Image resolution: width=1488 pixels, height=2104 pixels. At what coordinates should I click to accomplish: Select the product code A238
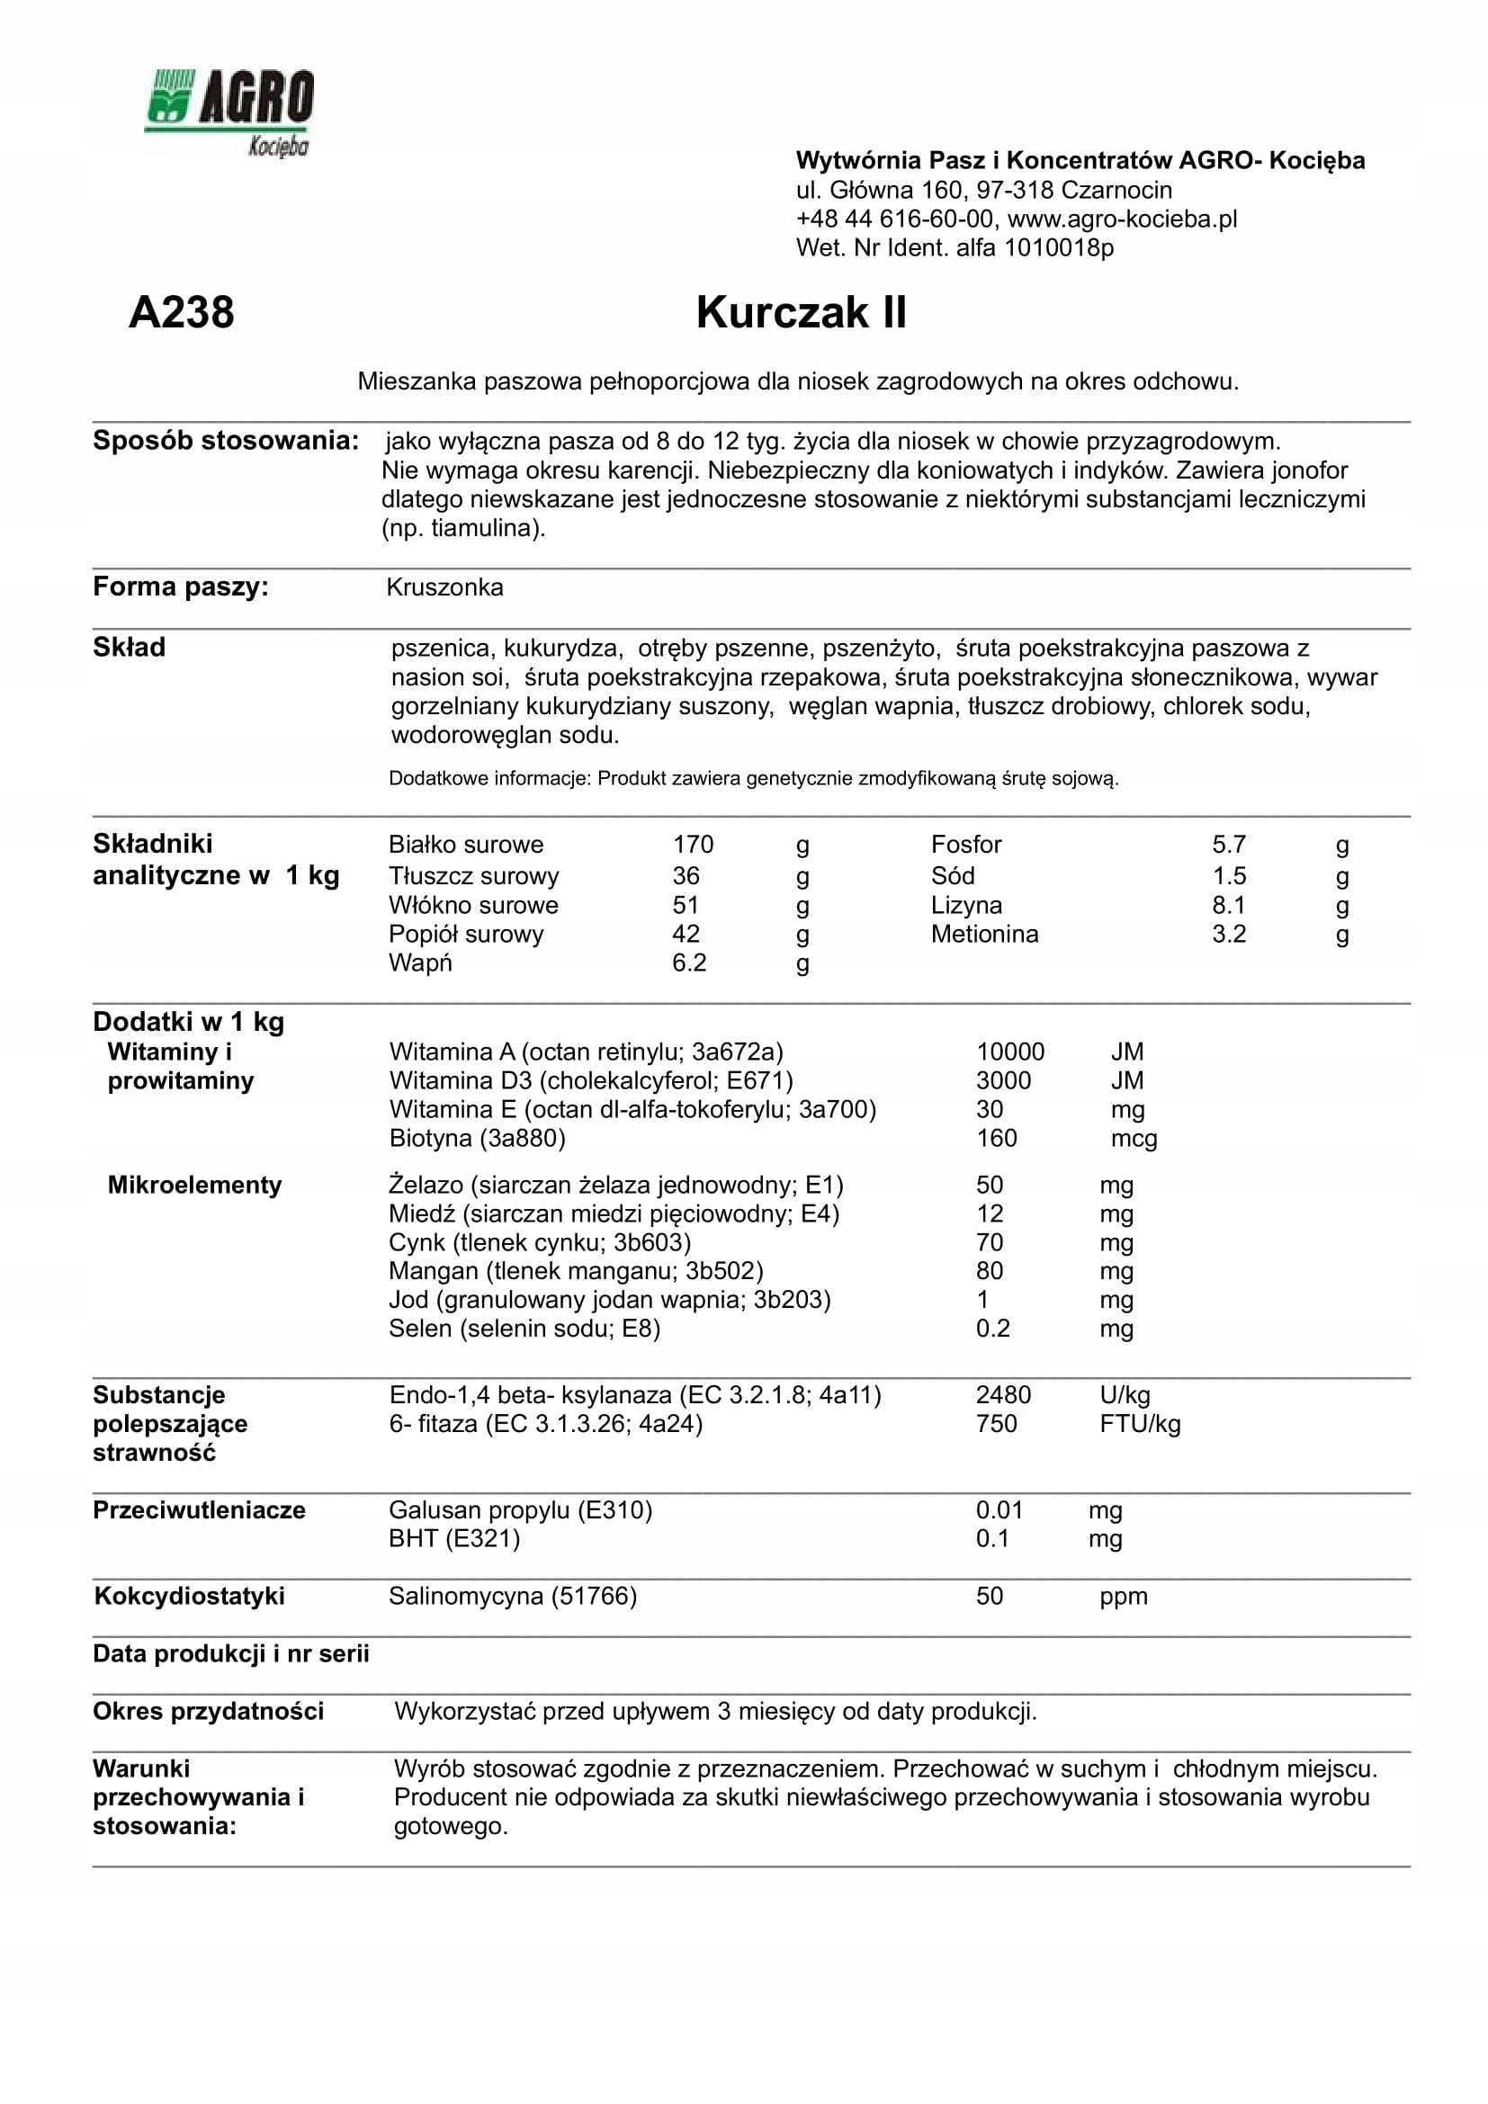[x=182, y=312]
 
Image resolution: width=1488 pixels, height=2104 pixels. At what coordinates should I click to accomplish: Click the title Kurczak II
[x=801, y=312]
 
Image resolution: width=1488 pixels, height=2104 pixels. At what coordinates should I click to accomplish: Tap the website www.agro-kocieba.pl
[x=1123, y=219]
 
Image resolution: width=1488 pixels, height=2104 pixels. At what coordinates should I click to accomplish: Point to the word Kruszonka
[x=444, y=587]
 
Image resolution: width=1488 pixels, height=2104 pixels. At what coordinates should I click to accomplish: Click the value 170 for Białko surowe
[x=693, y=845]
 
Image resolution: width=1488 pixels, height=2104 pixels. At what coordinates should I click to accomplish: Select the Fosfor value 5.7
[x=1229, y=845]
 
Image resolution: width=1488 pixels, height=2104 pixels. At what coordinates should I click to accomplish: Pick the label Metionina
[x=984, y=935]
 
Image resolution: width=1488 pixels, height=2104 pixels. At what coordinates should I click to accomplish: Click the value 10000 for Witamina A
[x=1009, y=1052]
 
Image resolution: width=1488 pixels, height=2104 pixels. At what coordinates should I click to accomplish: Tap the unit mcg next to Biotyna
[x=1134, y=1139]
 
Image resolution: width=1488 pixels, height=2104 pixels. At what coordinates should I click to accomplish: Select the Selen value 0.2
[x=992, y=1329]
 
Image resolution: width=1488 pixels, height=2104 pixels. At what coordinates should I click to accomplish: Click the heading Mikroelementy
[x=194, y=1186]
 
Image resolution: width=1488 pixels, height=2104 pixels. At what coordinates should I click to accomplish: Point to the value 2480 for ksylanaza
[x=1002, y=1396]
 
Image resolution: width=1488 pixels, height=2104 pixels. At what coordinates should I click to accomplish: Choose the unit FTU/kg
[x=1140, y=1424]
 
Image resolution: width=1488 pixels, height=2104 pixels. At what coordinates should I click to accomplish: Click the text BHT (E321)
[x=453, y=1538]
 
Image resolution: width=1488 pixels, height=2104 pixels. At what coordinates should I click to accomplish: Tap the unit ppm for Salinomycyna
[x=1124, y=1597]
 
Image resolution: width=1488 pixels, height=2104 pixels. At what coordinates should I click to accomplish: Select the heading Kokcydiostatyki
[x=190, y=1597]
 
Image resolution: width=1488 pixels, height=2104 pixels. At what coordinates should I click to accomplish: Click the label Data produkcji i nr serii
[x=231, y=1654]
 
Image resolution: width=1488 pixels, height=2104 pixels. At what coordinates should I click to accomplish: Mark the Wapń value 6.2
[x=689, y=963]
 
